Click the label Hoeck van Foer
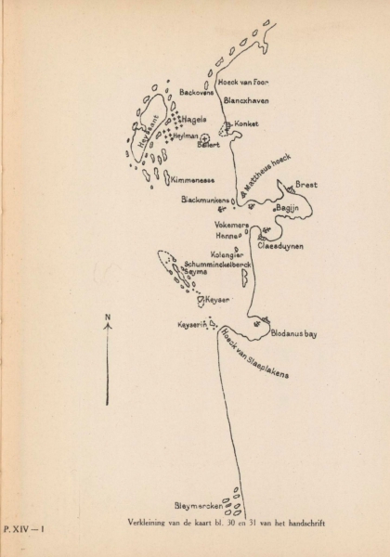coord(244,82)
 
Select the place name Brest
coord(306,185)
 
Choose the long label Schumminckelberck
coord(219,264)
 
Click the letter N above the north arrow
coord(108,317)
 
